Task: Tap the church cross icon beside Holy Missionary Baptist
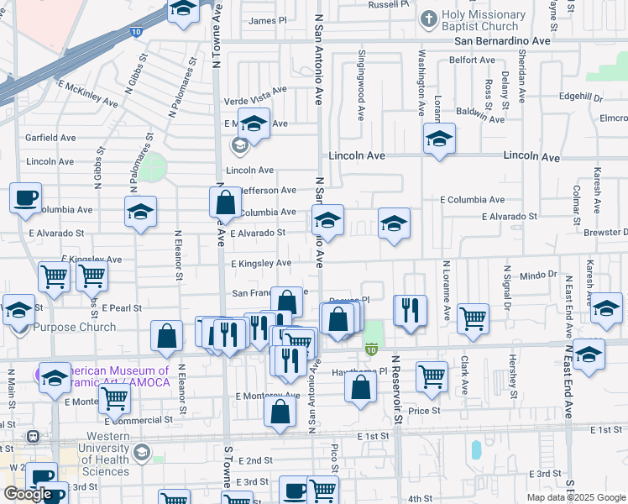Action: (428, 18)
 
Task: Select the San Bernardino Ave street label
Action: (502, 40)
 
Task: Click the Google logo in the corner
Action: (28, 494)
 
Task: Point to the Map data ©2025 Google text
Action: (576, 497)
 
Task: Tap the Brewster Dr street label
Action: (606, 232)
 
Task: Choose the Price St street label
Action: (424, 411)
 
